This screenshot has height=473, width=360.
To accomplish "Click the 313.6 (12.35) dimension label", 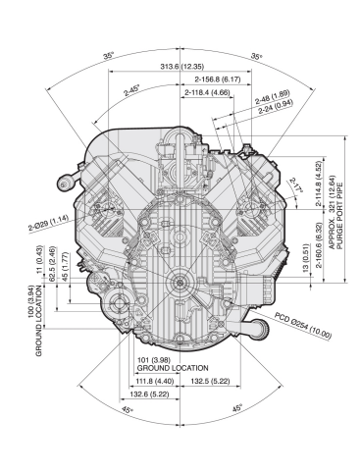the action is (181, 67).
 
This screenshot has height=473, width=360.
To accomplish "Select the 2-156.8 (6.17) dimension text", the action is (218, 79).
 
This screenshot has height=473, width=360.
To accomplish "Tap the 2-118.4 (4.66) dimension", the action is (207, 92).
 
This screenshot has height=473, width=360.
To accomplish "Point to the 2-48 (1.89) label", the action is (273, 97).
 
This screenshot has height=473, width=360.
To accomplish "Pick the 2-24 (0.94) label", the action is (276, 107).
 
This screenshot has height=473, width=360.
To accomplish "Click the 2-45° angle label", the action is (131, 90).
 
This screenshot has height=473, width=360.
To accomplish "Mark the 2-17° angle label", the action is (295, 185).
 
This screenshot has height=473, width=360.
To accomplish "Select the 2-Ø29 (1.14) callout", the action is (48, 223).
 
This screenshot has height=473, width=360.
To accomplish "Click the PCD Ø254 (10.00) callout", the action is (303, 326).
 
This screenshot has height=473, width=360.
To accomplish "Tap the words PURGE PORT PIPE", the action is (339, 216).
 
